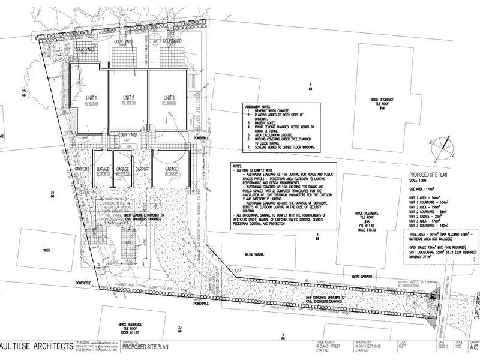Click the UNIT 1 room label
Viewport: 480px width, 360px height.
91,97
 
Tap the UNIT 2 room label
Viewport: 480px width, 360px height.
129,97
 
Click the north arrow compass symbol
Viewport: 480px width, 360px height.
442,144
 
